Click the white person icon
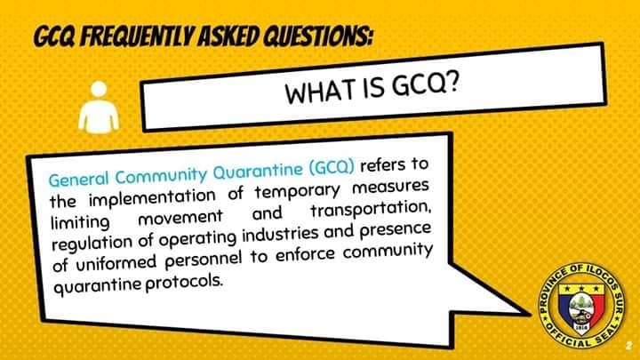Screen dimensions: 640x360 (x=99, y=108)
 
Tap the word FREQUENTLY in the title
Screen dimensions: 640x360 (x=137, y=36)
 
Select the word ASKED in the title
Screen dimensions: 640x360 (x=228, y=36)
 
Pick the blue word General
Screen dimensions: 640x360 (x=79, y=179)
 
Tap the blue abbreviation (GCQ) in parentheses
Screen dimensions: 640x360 (x=332, y=168)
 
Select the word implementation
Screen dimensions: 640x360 (x=152, y=198)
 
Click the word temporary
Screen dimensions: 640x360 (x=297, y=190)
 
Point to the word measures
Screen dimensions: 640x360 (x=390, y=186)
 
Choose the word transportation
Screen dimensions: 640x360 (x=371, y=210)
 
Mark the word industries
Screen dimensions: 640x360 (x=280, y=234)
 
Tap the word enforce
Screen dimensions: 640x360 (x=305, y=255)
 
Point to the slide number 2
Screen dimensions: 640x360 (x=628, y=346)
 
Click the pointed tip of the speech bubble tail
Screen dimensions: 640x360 (x=530, y=315)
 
